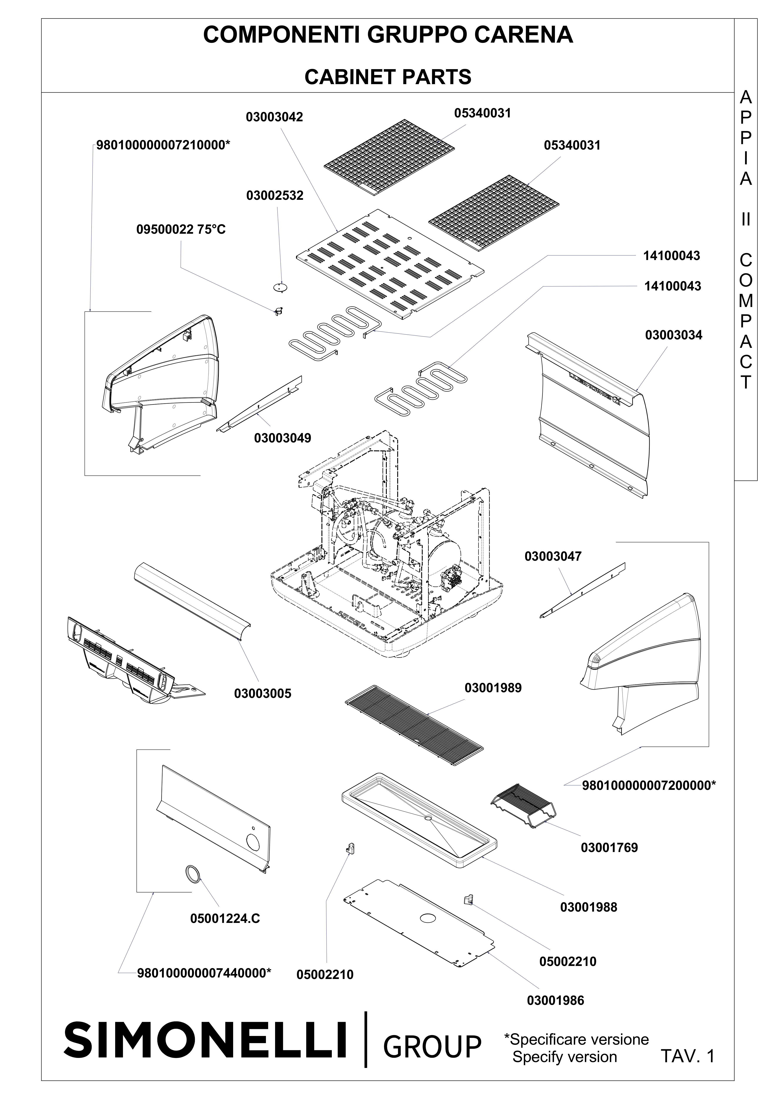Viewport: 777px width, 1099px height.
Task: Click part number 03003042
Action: point(275,117)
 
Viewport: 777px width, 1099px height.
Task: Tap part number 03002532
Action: point(275,196)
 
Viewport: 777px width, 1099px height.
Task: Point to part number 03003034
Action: point(674,335)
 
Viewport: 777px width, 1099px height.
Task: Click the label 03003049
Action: point(282,438)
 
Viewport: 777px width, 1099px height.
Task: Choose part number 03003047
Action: point(553,557)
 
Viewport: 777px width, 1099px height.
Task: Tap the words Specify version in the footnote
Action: point(564,1056)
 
